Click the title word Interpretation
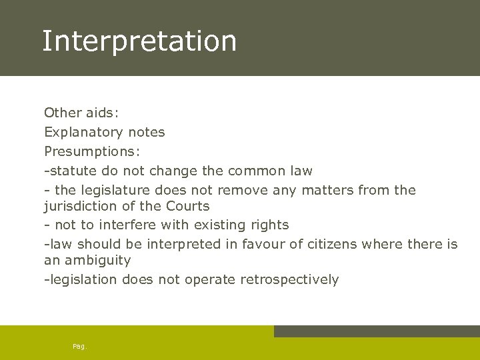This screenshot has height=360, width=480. point(139,41)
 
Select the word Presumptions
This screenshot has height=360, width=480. point(90,151)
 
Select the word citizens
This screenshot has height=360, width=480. point(332,244)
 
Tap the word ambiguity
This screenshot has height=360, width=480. point(99,260)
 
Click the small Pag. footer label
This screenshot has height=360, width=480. point(79,346)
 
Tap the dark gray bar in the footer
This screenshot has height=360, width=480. point(377,331)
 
